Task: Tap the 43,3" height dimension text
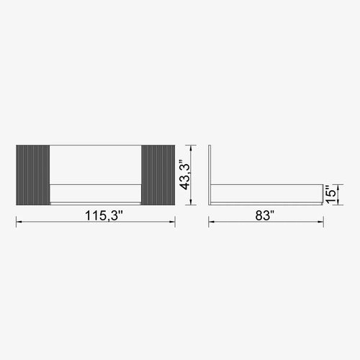186,174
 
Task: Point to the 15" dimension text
329,193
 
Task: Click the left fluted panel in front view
32,174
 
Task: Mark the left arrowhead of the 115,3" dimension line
17,223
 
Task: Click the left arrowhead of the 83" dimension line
211,223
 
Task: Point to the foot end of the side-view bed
320,193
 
